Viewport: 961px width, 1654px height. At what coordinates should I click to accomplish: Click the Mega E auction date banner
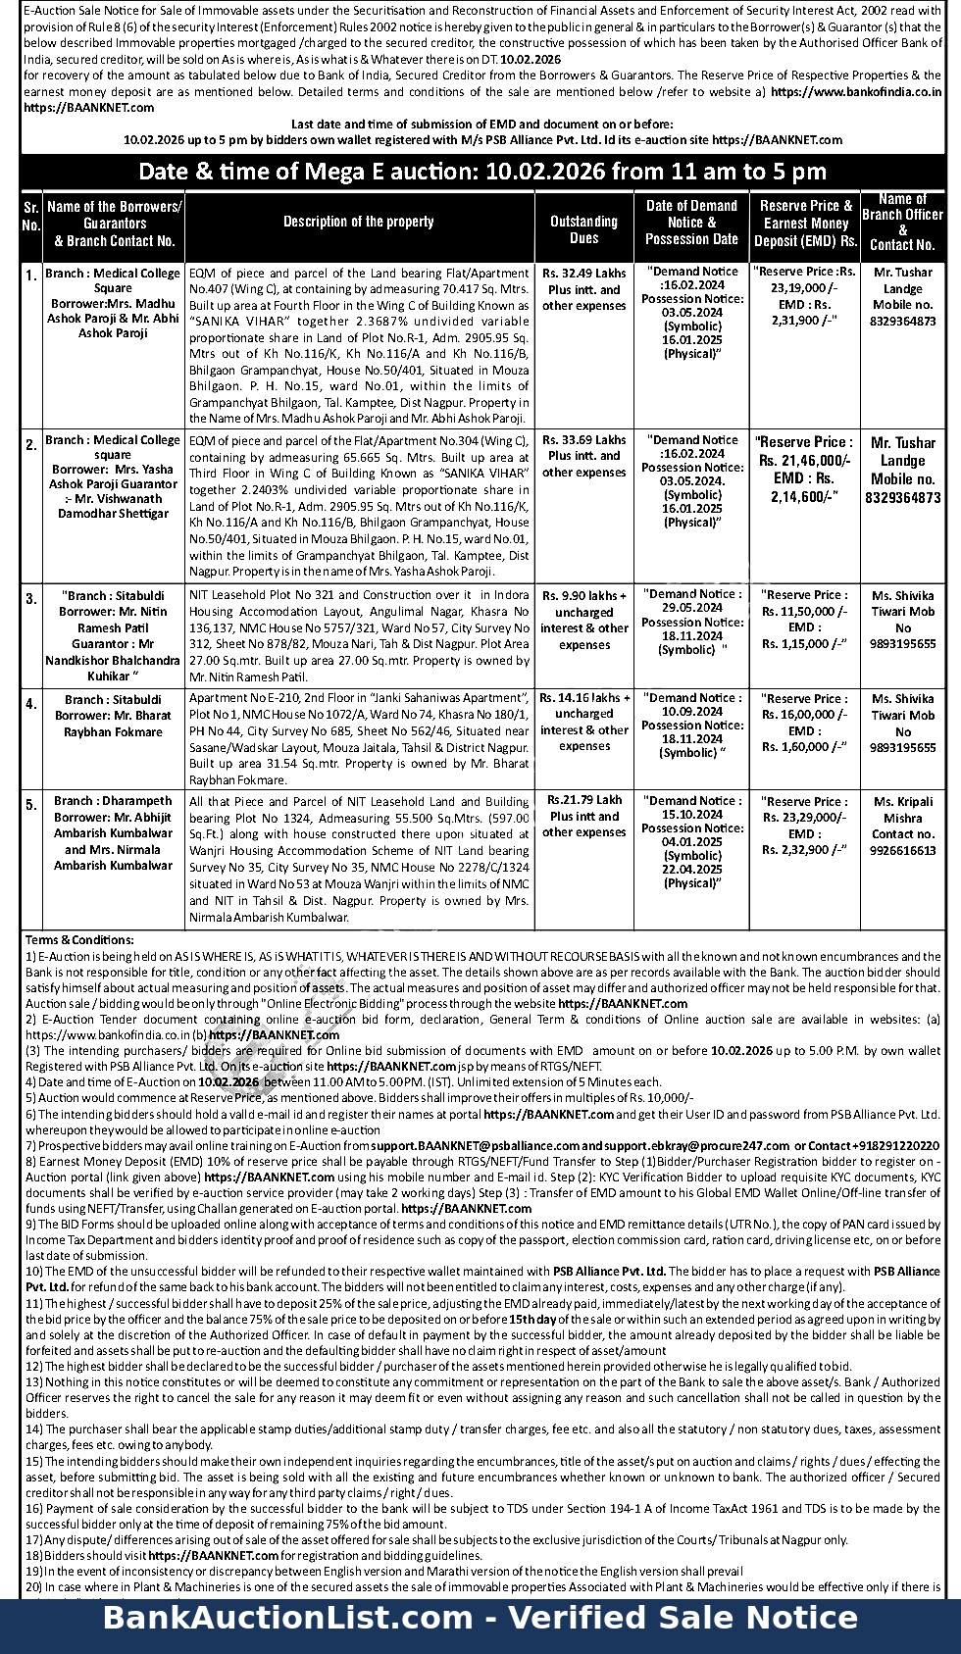(481, 172)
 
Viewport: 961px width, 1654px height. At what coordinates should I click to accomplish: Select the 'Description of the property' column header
(359, 222)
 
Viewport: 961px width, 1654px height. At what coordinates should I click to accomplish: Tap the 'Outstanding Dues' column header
(583, 229)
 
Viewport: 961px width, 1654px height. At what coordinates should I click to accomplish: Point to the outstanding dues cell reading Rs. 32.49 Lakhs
(583, 289)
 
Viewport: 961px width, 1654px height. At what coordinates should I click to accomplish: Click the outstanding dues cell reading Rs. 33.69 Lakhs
(583, 456)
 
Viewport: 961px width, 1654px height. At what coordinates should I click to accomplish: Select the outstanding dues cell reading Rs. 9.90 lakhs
(583, 620)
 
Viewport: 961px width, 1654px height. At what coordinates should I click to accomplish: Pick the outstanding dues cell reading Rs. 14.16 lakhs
(583, 722)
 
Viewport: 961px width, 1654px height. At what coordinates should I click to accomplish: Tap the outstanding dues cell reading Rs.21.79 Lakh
(583, 816)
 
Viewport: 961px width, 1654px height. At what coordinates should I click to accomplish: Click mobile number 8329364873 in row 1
(902, 321)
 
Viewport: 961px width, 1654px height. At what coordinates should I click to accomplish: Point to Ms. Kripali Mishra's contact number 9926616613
(902, 850)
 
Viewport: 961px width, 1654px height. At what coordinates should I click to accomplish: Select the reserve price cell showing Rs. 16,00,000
(804, 723)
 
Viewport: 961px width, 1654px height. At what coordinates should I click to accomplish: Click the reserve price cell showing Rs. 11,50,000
(804, 619)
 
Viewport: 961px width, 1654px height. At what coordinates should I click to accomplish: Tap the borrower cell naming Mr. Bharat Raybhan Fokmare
(114, 716)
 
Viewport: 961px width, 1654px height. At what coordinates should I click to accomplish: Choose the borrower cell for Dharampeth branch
(114, 832)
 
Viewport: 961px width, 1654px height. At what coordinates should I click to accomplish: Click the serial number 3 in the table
(31, 598)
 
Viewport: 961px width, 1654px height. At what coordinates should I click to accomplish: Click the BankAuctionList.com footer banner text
(480, 1618)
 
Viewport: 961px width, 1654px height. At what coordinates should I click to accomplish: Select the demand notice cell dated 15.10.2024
(692, 841)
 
